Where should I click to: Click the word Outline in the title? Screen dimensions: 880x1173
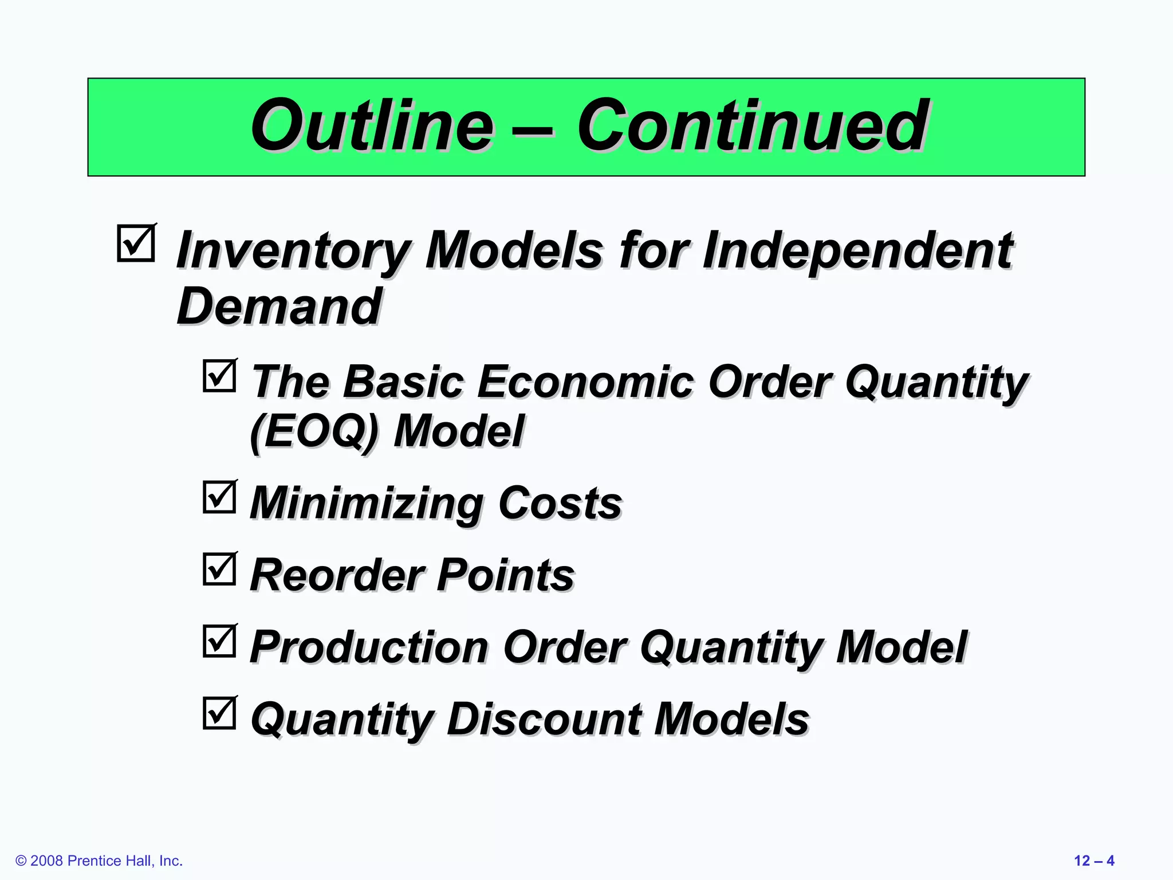click(372, 126)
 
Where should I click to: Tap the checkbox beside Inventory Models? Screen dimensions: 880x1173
click(136, 243)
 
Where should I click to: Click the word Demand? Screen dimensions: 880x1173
click(279, 307)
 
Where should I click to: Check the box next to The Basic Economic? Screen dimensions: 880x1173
click(219, 376)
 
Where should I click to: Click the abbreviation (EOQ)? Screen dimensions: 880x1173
click(314, 431)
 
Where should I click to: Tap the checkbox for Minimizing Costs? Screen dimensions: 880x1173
click(219, 497)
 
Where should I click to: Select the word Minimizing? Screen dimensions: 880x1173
click(367, 504)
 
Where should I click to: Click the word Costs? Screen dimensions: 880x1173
click(560, 504)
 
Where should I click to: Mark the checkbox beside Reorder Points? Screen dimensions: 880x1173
click(219, 569)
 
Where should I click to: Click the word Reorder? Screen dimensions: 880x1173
click(337, 575)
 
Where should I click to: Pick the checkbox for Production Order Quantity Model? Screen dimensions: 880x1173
click(219, 641)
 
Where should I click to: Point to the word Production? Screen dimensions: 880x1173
click(369, 647)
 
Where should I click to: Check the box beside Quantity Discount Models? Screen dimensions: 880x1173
click(219, 713)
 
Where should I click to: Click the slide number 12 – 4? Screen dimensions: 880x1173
click(1093, 861)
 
